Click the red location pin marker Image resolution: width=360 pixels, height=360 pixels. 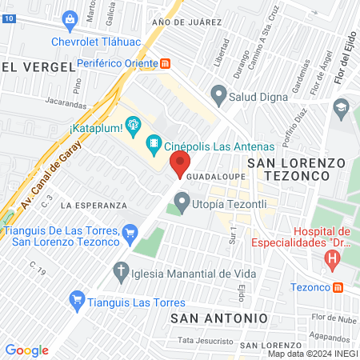tap(178, 164)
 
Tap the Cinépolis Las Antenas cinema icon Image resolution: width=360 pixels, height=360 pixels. tap(153, 146)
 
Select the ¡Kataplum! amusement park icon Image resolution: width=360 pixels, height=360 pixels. tap(132, 124)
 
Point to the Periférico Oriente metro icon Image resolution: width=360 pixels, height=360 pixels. tap(164, 63)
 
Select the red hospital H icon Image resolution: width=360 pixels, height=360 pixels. tap(331, 258)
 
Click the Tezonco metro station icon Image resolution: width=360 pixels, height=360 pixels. tap(338, 286)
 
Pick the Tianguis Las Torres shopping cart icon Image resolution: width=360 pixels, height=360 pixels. tap(78, 301)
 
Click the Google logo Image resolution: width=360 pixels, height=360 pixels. tap(26, 350)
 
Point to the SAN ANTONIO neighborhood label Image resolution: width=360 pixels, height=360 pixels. tap(218, 318)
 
